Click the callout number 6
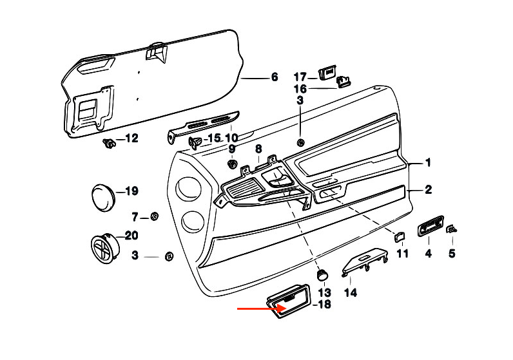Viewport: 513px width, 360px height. click(x=274, y=77)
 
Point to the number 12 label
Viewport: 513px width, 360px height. click(x=131, y=138)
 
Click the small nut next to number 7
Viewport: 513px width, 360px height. click(x=155, y=216)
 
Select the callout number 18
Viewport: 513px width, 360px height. click(x=324, y=304)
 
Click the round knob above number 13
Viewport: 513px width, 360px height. click(x=322, y=275)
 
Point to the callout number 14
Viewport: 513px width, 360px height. click(x=351, y=292)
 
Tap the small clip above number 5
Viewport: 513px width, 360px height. click(x=452, y=229)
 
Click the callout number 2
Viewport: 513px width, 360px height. click(x=428, y=190)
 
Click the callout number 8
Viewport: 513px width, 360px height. click(x=258, y=149)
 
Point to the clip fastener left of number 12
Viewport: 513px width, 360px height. click(x=109, y=143)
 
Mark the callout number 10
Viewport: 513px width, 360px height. click(x=231, y=138)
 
